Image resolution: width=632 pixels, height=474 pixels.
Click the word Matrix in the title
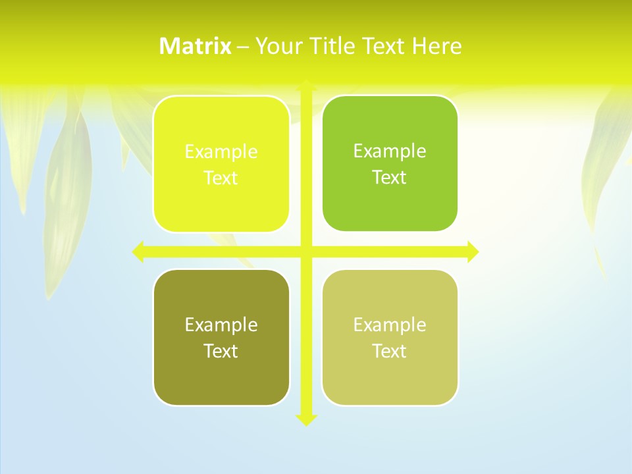coord(196,46)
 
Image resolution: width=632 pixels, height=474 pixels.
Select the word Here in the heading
coord(436,46)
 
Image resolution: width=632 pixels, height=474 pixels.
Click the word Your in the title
coord(277,46)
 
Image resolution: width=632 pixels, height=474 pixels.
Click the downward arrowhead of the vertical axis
coord(306,419)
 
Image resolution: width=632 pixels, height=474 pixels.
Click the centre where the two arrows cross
coord(306,251)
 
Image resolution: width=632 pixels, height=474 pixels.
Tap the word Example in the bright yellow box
coord(221,151)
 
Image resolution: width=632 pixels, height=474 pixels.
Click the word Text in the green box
coord(390,177)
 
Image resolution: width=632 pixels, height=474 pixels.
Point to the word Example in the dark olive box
coord(221,325)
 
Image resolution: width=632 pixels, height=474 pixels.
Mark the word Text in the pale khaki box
coord(390,351)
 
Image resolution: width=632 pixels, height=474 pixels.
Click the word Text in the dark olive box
coord(221,351)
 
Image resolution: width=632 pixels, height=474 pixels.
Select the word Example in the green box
coord(390,151)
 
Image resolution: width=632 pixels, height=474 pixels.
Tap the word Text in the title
coord(384,46)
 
